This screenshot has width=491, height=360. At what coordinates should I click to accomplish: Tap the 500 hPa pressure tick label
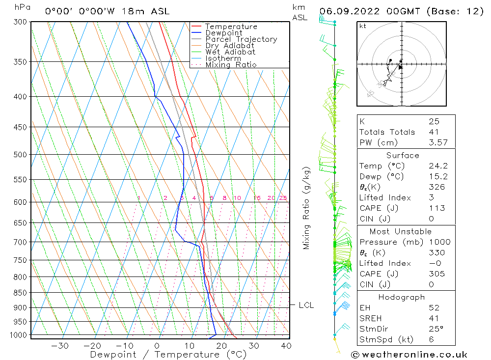click(x=20, y=155)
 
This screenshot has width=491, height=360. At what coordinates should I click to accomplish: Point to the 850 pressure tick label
click(x=20, y=293)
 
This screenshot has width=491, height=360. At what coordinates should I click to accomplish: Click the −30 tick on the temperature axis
click(x=59, y=346)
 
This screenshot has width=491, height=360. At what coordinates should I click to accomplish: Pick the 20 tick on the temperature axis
click(x=221, y=346)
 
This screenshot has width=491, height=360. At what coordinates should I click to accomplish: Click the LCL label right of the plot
click(x=306, y=305)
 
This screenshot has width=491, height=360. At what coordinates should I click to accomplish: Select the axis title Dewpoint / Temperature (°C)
click(x=168, y=355)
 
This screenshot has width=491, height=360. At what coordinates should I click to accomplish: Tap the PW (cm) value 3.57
click(x=438, y=142)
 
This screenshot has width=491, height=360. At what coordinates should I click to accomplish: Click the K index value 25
click(x=434, y=121)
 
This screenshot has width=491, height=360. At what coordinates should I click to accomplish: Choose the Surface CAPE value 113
click(x=437, y=208)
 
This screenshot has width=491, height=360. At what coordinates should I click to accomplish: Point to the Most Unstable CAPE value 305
click(x=437, y=274)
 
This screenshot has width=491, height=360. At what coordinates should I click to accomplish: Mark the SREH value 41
click(x=434, y=318)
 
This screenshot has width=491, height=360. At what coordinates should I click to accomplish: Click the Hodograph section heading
click(x=402, y=297)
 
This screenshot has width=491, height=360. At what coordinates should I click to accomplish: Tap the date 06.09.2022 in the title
click(x=350, y=11)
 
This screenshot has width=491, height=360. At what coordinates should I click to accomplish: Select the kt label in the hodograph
click(x=363, y=26)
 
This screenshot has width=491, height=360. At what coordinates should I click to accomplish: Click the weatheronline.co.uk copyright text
click(x=409, y=355)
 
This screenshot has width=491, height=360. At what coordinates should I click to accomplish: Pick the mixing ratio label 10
click(x=237, y=198)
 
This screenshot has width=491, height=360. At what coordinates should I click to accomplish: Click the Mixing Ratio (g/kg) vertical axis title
click(x=306, y=208)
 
